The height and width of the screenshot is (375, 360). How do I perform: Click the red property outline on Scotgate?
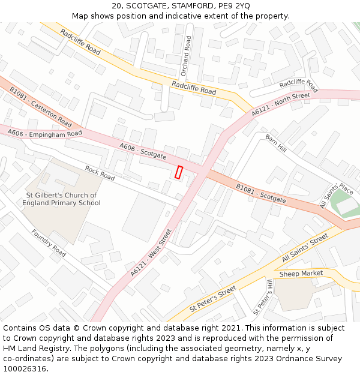pos(178,172)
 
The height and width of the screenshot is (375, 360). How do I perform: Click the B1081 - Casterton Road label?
pos(40,107)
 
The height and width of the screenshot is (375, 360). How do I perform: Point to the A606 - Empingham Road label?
pos(44,134)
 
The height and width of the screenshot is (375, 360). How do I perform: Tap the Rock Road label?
pos(100,173)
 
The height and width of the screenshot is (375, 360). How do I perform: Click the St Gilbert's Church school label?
pos(61,199)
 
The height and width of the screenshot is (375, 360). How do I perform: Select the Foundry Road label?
pos(49,243)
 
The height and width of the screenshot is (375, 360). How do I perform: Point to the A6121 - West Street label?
pos(151,253)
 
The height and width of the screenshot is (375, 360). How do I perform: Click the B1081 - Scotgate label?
pos(260,193)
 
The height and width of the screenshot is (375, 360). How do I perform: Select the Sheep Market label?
pos(301,274)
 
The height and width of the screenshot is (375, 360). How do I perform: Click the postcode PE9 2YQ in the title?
pos(233,6)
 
